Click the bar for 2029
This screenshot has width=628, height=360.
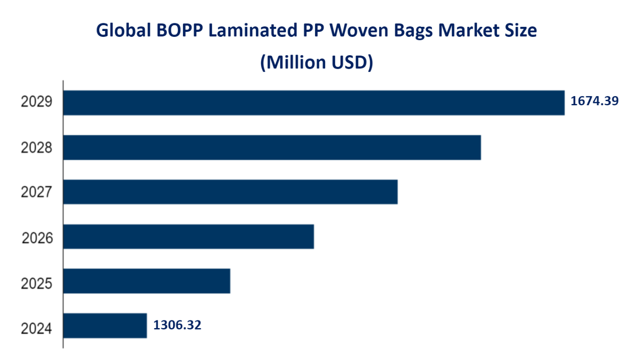[313, 103]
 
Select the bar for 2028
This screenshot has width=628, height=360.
[272, 147]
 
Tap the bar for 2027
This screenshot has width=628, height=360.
[230, 192]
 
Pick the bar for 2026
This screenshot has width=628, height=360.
[188, 237]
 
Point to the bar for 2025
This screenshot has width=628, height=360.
[146, 281]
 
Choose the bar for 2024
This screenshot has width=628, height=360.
[105, 326]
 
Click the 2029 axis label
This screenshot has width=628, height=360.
[36, 102]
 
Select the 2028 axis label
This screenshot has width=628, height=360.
[36, 147]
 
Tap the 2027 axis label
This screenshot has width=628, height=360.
[36, 192]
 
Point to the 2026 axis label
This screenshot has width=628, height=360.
[37, 237]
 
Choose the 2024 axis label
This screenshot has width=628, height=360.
[36, 328]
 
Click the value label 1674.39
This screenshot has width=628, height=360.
[594, 101]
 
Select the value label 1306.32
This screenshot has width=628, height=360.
[177, 325]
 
